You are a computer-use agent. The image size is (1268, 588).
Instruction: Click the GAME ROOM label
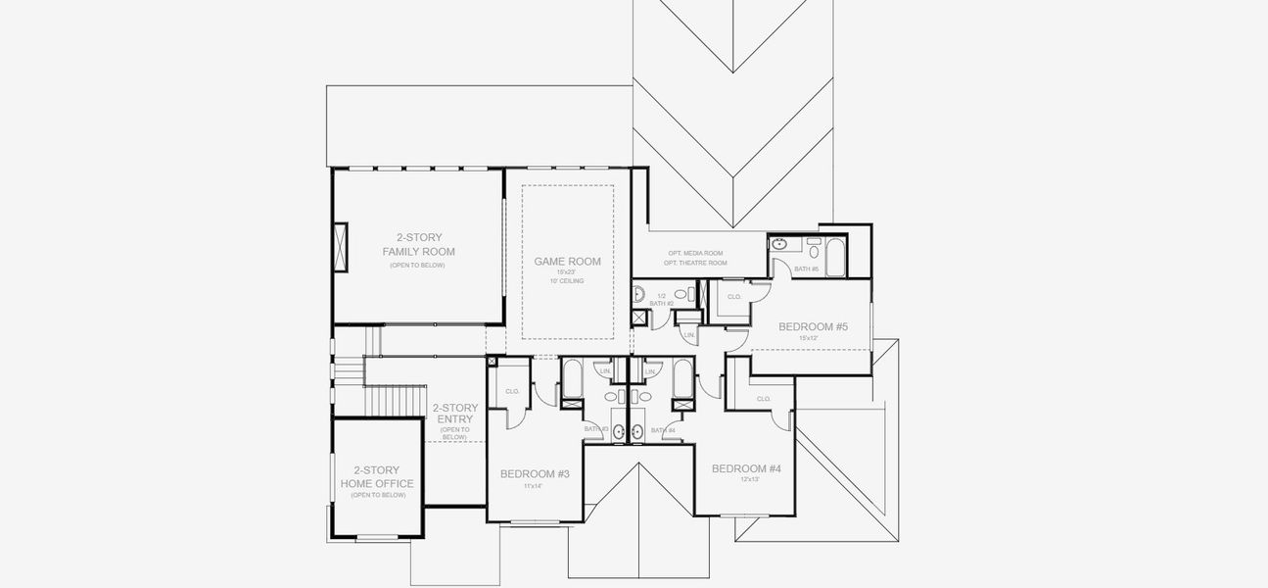(567, 262)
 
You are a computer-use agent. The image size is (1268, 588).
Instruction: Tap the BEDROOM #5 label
(812, 326)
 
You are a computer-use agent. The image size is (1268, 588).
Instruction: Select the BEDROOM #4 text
(746, 468)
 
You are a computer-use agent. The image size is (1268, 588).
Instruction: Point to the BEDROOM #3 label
(535, 474)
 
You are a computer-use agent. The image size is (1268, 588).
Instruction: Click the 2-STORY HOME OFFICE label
(377, 477)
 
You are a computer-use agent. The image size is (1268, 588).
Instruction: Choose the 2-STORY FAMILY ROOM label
(418, 245)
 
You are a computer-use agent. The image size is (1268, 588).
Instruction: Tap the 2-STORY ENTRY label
(455, 414)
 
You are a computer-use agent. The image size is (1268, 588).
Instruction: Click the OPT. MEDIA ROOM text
(694, 253)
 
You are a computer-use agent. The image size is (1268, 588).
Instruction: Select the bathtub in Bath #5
(838, 257)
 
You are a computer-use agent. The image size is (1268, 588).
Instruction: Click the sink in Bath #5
(779, 244)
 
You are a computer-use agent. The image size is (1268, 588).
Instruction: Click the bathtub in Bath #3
(573, 379)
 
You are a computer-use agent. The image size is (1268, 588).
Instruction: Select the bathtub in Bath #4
(681, 379)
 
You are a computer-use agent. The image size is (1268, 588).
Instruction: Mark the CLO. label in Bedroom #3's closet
(512, 391)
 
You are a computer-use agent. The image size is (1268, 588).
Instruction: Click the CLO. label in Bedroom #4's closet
(764, 399)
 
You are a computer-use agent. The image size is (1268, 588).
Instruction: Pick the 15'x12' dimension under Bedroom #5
(807, 339)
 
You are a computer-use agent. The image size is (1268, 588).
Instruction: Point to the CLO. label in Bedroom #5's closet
(734, 295)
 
